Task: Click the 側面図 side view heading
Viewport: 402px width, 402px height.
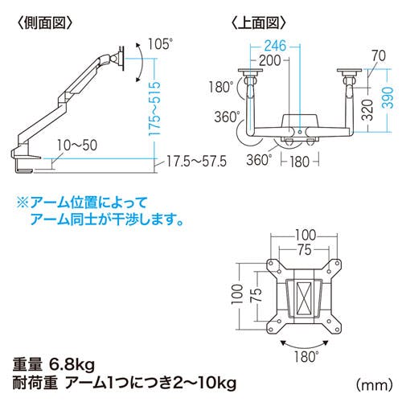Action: (x=45, y=23)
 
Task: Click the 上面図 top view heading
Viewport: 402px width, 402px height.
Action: (x=258, y=23)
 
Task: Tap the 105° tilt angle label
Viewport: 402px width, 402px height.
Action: (x=160, y=44)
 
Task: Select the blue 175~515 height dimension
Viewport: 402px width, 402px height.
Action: (x=155, y=109)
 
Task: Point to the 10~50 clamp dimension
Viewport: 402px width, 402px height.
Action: (x=77, y=146)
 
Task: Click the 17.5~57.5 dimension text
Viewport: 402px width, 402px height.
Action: (x=197, y=162)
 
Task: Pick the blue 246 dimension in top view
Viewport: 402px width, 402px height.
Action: (x=276, y=46)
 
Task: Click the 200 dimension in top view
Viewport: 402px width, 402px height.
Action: (x=270, y=60)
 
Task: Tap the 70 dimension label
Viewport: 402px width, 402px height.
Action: (x=379, y=55)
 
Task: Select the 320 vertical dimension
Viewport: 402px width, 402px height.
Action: (x=369, y=109)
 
